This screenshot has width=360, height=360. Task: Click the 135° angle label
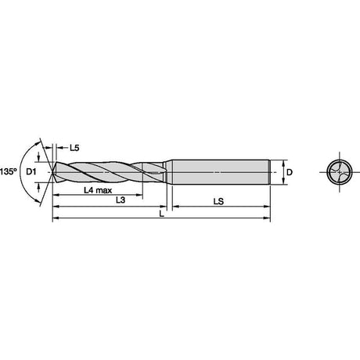(x=8, y=171)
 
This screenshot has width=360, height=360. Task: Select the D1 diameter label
(x=31, y=171)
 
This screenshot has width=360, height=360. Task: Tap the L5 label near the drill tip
(x=74, y=148)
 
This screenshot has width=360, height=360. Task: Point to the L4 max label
(x=98, y=190)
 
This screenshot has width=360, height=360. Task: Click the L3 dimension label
(x=121, y=200)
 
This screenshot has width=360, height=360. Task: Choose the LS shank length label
(x=218, y=201)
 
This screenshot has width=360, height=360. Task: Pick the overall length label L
(x=162, y=214)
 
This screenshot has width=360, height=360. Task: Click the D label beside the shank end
(x=290, y=172)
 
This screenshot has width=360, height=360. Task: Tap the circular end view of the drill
(x=340, y=172)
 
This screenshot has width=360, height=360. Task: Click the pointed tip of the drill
(x=52, y=172)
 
